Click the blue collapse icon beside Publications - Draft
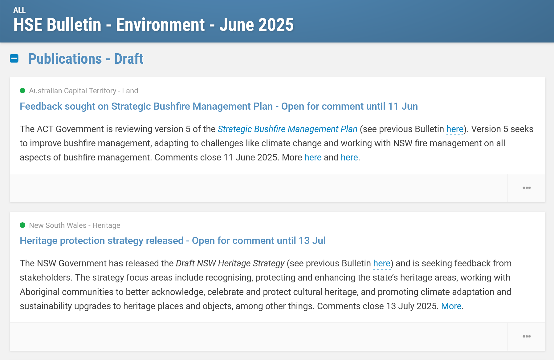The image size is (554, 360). coord(14,59)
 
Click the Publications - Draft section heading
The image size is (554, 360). coord(86,59)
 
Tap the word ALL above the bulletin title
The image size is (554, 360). coord(19,10)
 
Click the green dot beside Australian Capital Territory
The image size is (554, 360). coord(22,91)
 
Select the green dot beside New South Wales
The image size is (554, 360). coord(22,225)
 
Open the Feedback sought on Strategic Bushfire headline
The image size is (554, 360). coord(219,106)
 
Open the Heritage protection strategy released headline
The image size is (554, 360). coord(173,241)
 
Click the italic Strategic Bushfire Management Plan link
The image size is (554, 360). coord(287,129)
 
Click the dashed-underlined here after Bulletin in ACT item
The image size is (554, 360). coord(455,129)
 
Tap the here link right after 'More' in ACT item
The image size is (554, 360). coord(313,157)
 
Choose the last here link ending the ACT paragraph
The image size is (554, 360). coord(349,157)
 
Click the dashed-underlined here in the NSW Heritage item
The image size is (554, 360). coord(382,263)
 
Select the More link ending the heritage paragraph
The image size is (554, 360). coord(451,306)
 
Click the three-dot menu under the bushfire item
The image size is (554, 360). coord(527,188)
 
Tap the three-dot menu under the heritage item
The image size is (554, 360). coord(527,337)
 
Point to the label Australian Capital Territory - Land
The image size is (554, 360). coord(84,91)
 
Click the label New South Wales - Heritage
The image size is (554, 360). coord(75,225)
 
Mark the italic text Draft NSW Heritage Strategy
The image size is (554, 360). coord(230,263)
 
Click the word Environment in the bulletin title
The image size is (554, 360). coord(160,25)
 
